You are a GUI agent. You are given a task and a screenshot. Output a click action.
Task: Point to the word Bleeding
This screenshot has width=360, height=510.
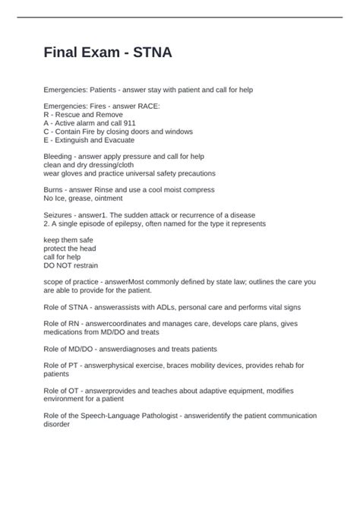coord(60,156)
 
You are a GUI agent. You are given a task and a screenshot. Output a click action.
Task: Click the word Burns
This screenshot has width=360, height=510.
coord(55,189)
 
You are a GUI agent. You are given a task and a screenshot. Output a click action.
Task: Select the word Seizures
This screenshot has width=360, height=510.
coord(61,214)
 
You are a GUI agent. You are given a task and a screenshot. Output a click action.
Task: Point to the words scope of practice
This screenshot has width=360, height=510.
coord(71,280)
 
